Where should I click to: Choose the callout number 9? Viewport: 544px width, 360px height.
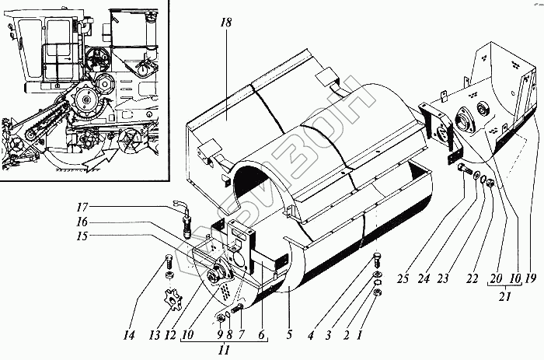(x=219, y=335)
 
